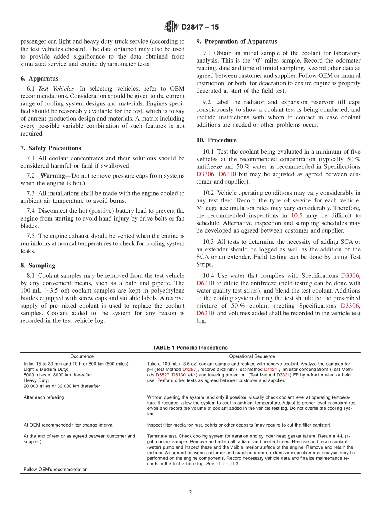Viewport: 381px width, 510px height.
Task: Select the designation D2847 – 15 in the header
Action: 200,28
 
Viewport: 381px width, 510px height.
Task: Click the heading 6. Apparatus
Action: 39,79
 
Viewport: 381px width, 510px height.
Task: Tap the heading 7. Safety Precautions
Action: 51,148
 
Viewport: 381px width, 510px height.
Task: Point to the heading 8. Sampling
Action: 38,265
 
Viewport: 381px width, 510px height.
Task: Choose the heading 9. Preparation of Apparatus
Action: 236,41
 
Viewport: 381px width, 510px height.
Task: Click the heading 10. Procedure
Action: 216,140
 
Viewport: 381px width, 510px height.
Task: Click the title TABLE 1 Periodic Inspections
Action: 190,348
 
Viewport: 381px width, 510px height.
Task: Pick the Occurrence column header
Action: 82,356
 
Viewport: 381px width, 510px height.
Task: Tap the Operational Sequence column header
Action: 252,356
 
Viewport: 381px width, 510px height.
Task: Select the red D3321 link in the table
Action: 283,375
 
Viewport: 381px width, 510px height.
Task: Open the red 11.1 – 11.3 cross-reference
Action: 227,464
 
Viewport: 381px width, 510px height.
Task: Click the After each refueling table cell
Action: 44,397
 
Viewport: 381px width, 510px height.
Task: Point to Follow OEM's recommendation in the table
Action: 55,470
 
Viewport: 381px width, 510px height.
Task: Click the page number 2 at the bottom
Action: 190,493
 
